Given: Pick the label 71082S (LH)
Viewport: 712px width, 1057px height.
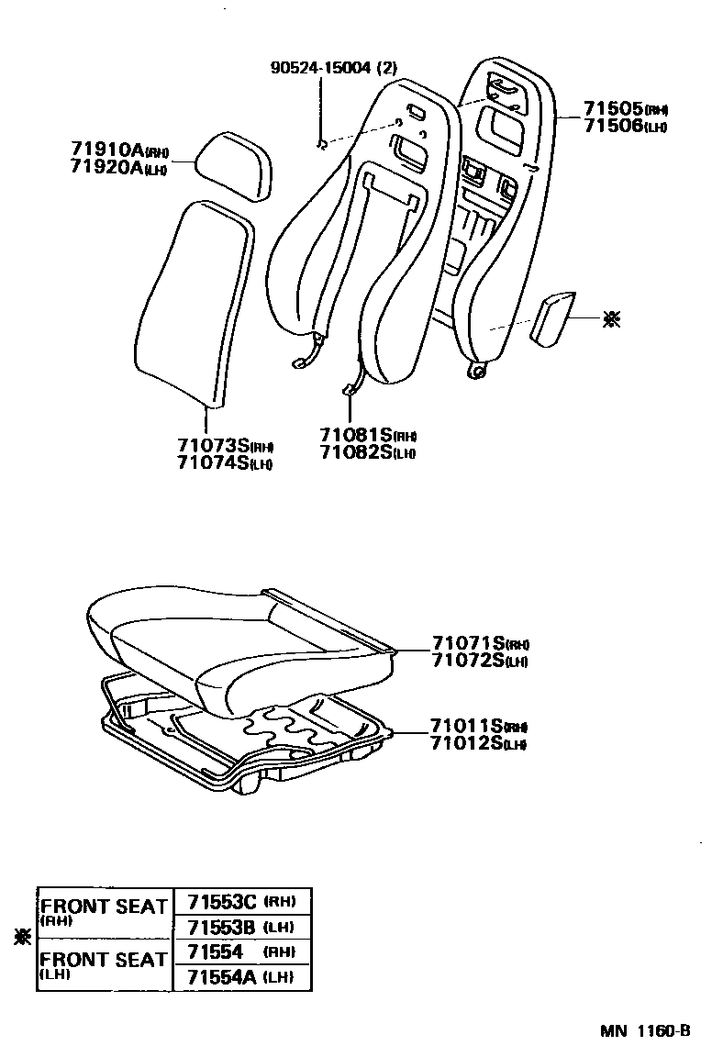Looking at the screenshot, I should point(368,452).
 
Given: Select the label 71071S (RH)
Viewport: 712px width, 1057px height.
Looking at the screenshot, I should point(480,645).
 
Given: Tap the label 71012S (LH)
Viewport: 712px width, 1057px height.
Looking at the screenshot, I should point(478,743).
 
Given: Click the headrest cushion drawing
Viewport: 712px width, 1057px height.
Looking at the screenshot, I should point(235,163).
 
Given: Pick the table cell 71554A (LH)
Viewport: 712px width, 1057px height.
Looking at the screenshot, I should point(241,977).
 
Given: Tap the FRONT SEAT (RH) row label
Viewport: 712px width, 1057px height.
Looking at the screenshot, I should point(104,911).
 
